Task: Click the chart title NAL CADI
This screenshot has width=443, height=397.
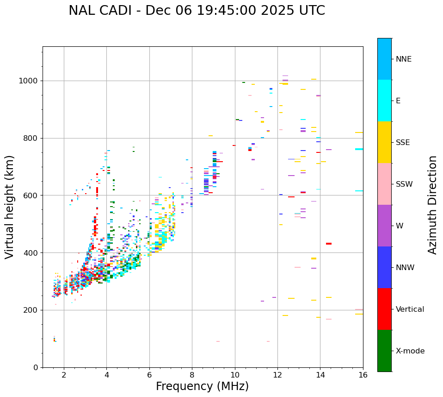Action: tap(197, 11)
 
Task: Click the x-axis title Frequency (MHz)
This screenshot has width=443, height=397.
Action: tap(202, 386)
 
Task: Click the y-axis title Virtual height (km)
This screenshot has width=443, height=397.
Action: tap(10, 207)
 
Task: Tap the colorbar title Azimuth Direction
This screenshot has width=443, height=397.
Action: tap(432, 205)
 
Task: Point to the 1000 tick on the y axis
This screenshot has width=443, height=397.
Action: tap(30, 81)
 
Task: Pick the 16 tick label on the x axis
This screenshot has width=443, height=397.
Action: tap(363, 375)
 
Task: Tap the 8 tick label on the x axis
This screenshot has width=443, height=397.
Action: tap(192, 375)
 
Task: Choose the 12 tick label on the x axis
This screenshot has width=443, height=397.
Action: tap(277, 375)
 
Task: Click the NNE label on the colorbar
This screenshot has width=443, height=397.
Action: tap(404, 59)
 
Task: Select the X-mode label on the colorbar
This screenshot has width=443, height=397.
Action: tap(410, 351)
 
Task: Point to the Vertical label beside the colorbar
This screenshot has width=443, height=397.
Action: tap(410, 309)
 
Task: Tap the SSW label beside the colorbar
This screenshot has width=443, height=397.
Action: tap(404, 184)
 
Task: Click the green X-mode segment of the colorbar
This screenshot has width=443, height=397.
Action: tap(384, 351)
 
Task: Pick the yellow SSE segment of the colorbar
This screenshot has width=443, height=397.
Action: tap(384, 142)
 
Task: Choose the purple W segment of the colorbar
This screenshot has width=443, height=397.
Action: tap(384, 226)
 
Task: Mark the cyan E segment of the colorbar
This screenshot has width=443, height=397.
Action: tap(384, 101)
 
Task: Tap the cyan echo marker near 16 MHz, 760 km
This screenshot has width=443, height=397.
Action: tap(359, 149)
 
